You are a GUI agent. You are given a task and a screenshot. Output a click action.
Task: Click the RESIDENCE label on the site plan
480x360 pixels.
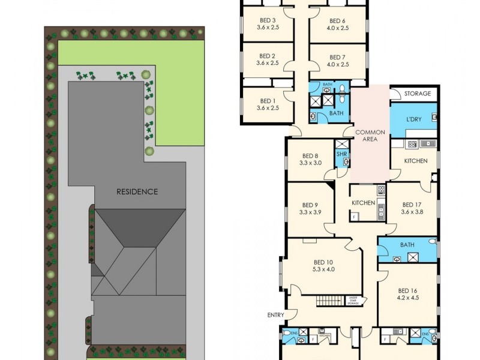[137, 192]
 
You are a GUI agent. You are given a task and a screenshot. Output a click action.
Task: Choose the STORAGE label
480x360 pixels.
[418, 94]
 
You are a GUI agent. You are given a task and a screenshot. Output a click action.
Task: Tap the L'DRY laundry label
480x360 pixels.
[414, 119]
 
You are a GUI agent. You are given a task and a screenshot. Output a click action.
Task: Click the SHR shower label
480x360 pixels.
[341, 154]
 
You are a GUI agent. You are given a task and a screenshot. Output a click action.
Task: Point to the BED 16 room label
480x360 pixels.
[407, 290]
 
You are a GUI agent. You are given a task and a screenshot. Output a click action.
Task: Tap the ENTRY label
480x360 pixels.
[276, 315]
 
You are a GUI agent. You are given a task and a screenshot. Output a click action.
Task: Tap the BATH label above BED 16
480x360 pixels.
[407, 245]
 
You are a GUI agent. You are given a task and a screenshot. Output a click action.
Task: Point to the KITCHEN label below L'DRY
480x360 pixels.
[415, 161]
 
